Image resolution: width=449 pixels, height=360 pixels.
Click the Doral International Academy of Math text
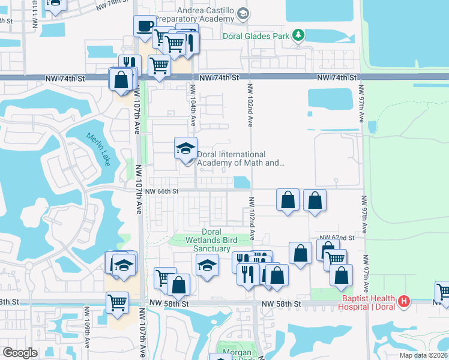(x=240, y=158)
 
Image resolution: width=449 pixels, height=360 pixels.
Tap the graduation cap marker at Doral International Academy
(x=185, y=148)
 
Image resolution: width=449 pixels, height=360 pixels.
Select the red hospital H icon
(x=404, y=299)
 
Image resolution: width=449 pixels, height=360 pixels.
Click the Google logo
(x=20, y=352)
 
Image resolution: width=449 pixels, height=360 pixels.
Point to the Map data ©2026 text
(x=423, y=355)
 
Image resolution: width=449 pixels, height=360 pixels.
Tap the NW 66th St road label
(x=163, y=191)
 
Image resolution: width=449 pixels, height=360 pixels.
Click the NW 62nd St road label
(x=334, y=238)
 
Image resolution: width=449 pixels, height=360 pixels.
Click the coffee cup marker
(x=143, y=26)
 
